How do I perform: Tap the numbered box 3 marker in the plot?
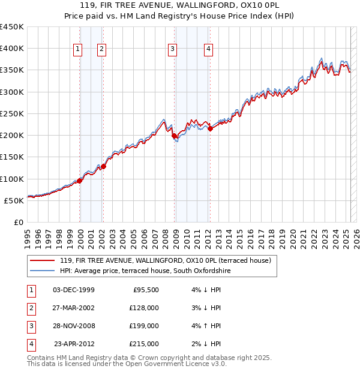pyautogui.click(x=172, y=50)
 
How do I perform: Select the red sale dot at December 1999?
pyautogui.click(x=80, y=181)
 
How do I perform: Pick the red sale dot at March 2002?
pyautogui.click(x=103, y=167)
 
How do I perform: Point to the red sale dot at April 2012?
pyautogui.click(x=210, y=128)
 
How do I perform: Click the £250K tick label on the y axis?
pyautogui.click(x=12, y=113)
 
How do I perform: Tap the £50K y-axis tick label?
pyautogui.click(x=14, y=200)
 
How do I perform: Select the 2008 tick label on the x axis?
pyautogui.click(x=165, y=236)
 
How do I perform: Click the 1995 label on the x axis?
pyautogui.click(x=28, y=236)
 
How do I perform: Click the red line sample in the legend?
pyautogui.click(x=42, y=260)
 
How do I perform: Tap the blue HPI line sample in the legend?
pyautogui.click(x=42, y=271)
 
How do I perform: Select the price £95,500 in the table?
pyautogui.click(x=145, y=290)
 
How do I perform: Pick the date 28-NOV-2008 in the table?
pyautogui.click(x=74, y=326)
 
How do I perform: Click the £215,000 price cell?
pyautogui.click(x=145, y=344)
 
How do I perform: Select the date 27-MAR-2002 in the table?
pyautogui.click(x=74, y=308)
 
